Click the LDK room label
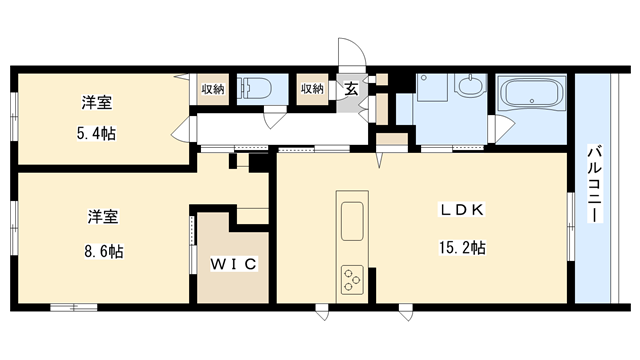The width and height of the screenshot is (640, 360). click(462, 210)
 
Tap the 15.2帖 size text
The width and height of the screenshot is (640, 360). click(462, 248)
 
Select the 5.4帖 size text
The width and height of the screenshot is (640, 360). click(96, 133)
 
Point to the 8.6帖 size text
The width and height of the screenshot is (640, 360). click(104, 251)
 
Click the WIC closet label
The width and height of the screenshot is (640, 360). click(233, 264)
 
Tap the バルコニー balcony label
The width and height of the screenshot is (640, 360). click(595, 183)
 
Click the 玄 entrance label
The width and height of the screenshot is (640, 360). click(351, 89)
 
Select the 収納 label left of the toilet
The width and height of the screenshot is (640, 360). click(213, 89)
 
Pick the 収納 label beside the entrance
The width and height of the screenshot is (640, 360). click(312, 88)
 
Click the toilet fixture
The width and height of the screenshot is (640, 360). click(256, 89)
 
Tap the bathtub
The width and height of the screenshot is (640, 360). click(531, 93)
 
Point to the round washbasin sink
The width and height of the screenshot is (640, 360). click(471, 86)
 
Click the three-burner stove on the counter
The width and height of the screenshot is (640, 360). click(352, 280)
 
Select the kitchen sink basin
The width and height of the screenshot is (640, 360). click(352, 221)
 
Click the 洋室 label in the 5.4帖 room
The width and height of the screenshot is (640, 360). click(97, 102)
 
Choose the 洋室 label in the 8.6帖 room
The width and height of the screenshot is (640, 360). click(103, 217)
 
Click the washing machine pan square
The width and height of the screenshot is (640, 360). click(432, 87)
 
